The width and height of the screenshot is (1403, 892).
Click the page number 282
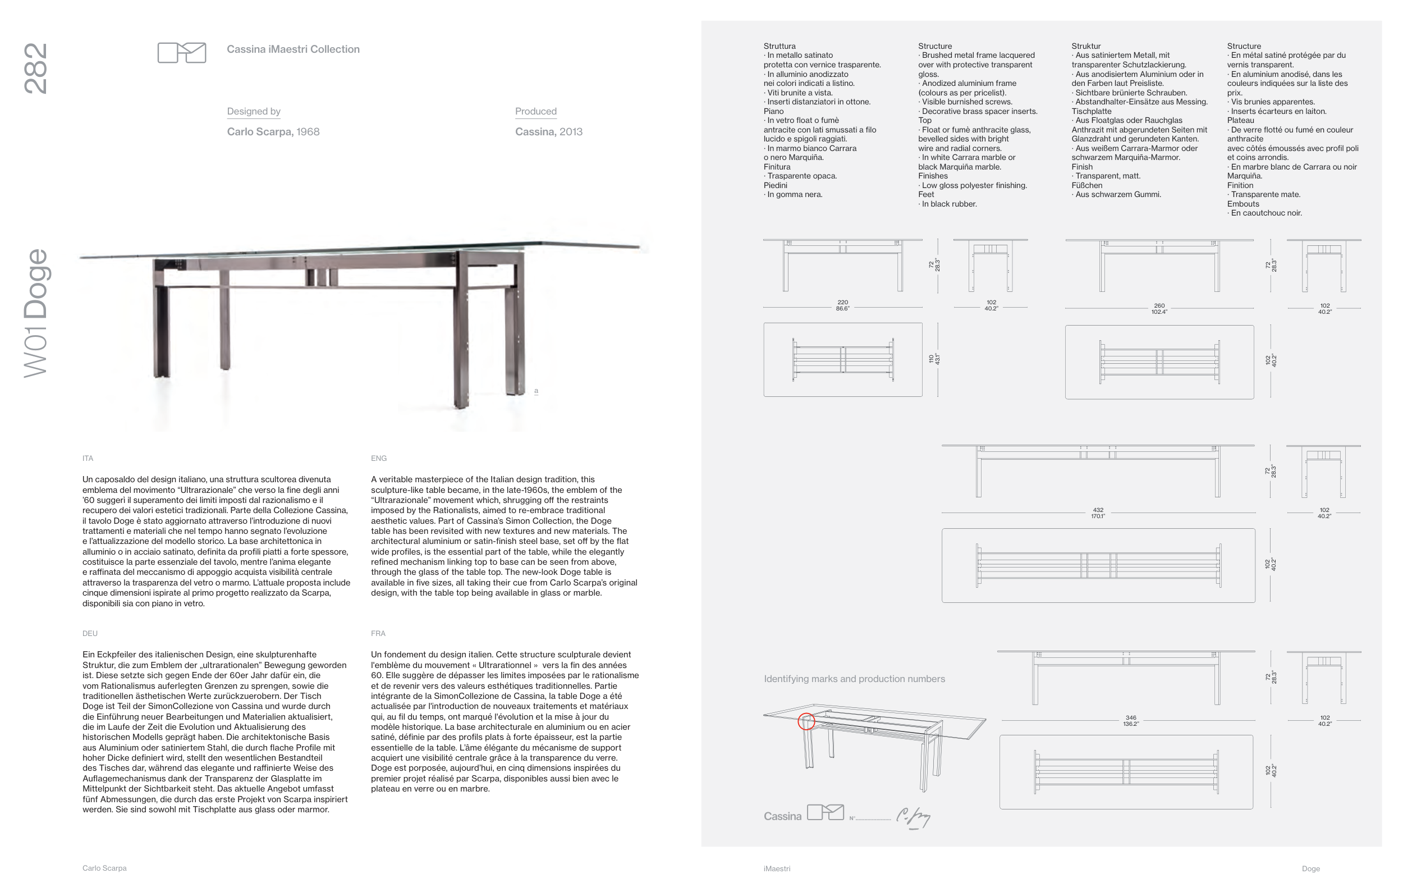tap(35, 68)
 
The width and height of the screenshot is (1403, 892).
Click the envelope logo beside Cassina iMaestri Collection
tap(182, 52)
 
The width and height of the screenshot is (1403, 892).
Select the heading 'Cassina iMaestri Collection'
tap(293, 49)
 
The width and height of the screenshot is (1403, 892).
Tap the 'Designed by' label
tap(254, 111)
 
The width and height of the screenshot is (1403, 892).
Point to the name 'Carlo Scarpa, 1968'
tap(273, 132)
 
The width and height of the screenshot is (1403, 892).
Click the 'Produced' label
tap(535, 111)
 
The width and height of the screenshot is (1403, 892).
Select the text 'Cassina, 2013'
tap(548, 132)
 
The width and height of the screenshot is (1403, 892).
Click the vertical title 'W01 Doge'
tap(35, 313)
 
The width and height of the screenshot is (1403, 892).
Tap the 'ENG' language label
tap(379, 459)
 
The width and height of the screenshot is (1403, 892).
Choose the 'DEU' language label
tap(90, 633)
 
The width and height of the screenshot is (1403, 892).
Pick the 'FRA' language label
tap(378, 633)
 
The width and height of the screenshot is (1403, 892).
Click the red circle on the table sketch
tap(806, 721)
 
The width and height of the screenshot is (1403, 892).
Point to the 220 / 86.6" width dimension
tap(842, 305)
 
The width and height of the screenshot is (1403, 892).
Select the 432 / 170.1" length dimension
tap(1098, 513)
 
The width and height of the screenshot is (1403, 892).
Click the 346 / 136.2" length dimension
tap(1130, 721)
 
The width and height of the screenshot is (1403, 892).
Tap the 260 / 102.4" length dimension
tap(1159, 308)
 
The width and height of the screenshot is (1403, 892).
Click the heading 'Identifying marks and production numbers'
tap(854, 679)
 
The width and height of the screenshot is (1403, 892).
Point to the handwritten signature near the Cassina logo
tap(913, 817)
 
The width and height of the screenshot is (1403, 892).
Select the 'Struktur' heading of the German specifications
tap(1086, 46)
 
